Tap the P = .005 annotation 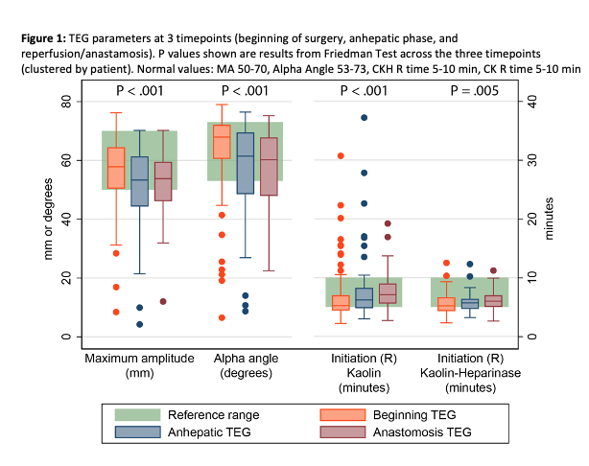pyautogui.click(x=457, y=92)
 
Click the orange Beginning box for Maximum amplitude pyautogui.click(x=116, y=169)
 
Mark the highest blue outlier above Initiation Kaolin pyautogui.click(x=364, y=118)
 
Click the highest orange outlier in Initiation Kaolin pyautogui.click(x=341, y=155)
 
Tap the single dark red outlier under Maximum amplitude pyautogui.click(x=163, y=301)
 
